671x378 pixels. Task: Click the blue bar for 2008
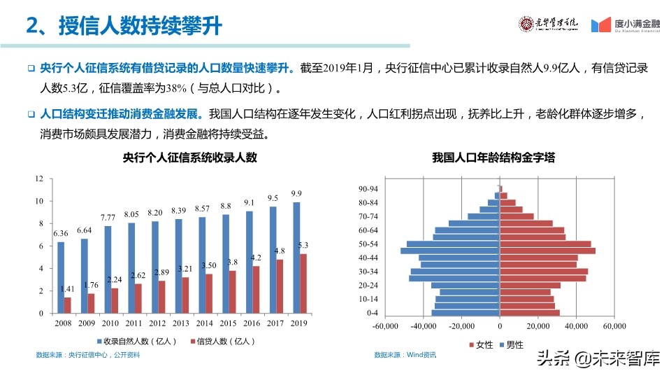(61, 277)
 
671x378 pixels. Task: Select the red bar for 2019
(303, 283)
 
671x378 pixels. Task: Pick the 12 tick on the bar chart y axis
(39, 179)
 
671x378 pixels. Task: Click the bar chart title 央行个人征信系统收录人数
(189, 158)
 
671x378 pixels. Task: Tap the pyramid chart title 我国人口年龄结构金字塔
(493, 158)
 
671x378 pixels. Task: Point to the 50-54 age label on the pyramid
(368, 244)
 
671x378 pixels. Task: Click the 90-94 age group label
(368, 189)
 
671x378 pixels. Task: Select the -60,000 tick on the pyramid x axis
(385, 326)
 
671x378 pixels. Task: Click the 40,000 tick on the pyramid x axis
(575, 326)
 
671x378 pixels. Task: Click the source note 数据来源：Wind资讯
(405, 355)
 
